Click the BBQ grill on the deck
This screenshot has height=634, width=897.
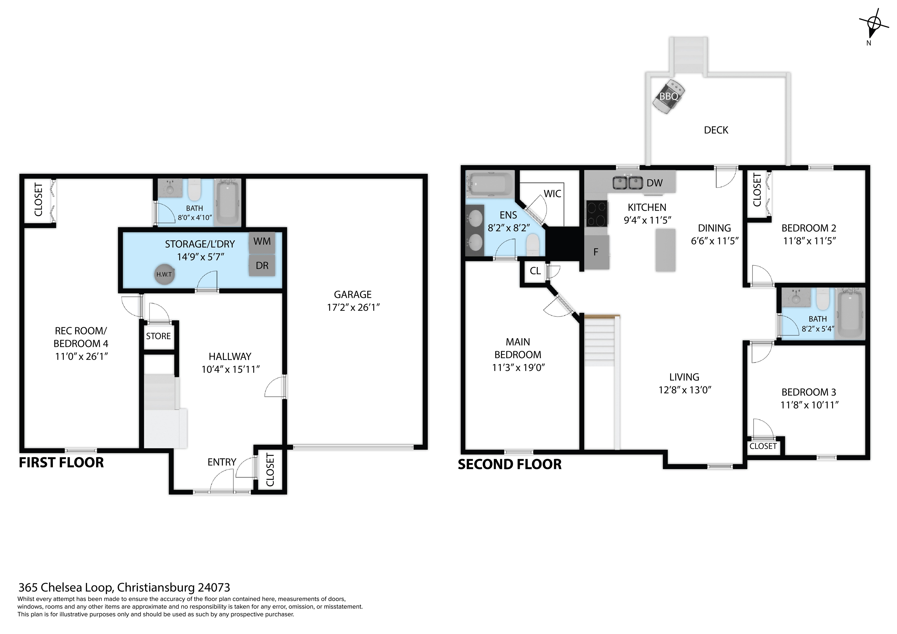pos(669,96)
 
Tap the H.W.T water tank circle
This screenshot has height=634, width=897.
pos(164,274)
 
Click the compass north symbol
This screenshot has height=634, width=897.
pos(874,24)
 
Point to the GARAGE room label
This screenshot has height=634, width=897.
pos(353,295)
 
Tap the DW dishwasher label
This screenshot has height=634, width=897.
pos(655,183)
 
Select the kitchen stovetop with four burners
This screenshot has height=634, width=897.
pos(597,213)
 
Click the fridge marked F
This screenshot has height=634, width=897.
pos(597,252)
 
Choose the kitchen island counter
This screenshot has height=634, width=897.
pos(665,250)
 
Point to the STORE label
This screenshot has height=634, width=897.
pos(159,336)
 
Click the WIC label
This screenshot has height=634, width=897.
pos(552,194)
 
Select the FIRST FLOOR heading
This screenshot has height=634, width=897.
pos(61,463)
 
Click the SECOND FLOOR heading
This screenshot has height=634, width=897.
pos(510,464)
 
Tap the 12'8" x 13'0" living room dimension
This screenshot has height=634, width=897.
pos(685,390)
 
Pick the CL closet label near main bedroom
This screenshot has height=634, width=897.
pos(535,271)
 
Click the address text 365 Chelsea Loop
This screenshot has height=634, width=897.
pos(66,588)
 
